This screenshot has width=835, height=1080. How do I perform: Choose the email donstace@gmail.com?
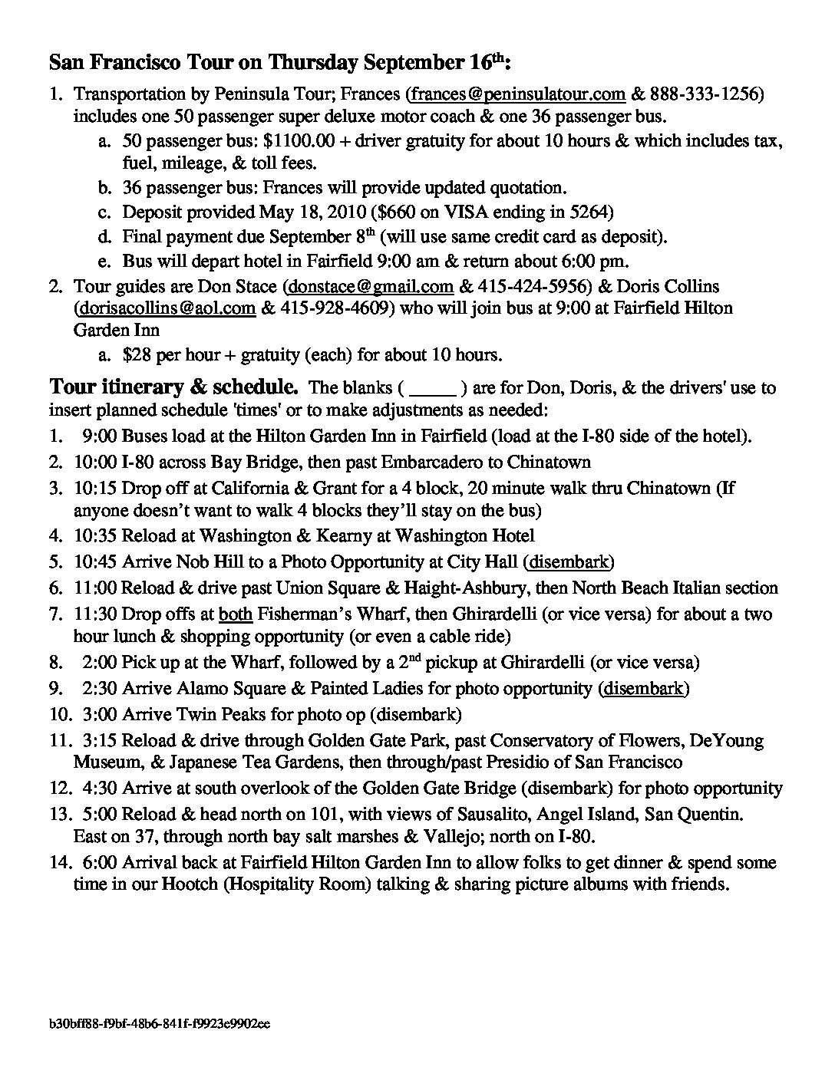pos(369,287)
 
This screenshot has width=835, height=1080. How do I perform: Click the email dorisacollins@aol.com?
pos(165,308)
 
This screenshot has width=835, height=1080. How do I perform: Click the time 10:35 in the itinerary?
pos(94,535)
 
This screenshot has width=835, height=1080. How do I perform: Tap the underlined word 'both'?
pos(236,614)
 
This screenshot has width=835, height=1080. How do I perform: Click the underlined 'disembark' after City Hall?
pos(569,562)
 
